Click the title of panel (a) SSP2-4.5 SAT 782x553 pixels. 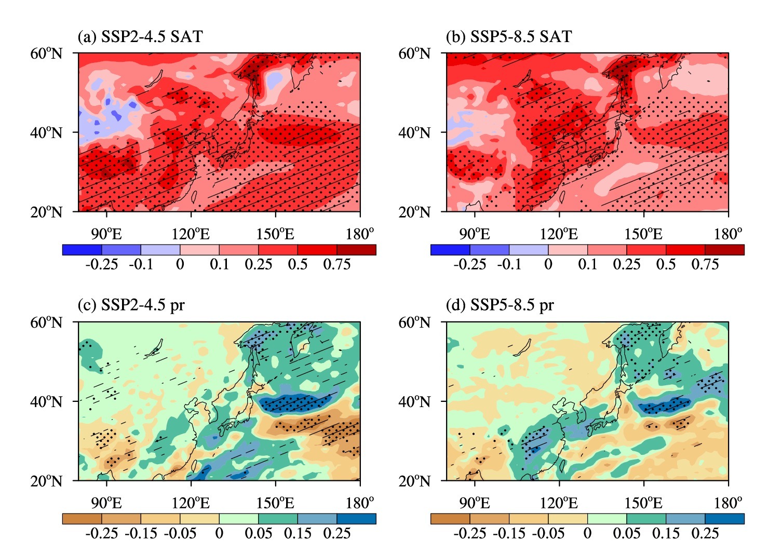140,36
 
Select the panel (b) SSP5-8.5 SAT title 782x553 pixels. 509,36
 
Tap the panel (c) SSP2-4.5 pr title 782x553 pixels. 131,305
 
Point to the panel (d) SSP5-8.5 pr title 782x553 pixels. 500,305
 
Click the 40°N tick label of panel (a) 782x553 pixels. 46,132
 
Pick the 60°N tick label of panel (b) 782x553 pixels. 415,53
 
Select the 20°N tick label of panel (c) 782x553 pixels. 46,481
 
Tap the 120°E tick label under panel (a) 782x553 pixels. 191,234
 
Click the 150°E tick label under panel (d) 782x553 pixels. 643,503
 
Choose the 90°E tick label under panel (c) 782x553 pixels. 106,503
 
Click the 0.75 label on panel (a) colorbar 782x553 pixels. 337,264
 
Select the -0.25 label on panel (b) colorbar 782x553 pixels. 469,264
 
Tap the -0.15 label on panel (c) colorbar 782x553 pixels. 141,533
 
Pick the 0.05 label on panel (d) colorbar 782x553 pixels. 627,533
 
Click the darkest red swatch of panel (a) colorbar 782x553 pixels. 356,250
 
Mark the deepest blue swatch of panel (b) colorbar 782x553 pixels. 450,250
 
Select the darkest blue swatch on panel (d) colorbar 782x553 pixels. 725,518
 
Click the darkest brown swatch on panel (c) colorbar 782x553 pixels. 82,518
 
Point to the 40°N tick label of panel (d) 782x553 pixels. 415,401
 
